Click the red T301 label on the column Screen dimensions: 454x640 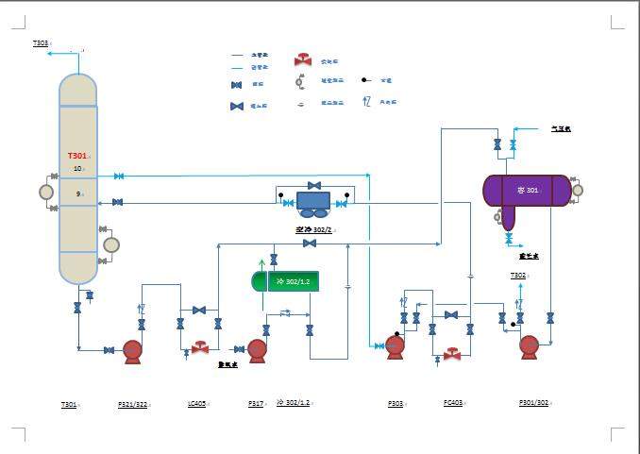pos(77,156)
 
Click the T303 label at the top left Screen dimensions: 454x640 pos(41,43)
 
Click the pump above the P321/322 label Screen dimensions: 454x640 pos(132,350)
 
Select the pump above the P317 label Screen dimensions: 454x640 pos(256,350)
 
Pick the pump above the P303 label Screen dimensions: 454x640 pos(395,346)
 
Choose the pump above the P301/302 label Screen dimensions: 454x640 pos(529,346)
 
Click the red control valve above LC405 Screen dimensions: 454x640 pos(199,348)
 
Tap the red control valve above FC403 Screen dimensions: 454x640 pos(452,355)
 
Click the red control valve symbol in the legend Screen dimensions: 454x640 pos(303,60)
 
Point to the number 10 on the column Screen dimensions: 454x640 pos(77,169)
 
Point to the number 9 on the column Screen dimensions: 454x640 pos(77,194)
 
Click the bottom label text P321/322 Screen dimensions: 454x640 pos(132,404)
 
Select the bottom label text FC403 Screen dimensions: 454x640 pos(452,403)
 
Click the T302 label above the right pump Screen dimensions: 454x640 pos(518,275)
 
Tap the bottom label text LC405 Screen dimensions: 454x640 pos(196,404)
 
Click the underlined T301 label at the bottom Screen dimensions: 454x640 pos(69,404)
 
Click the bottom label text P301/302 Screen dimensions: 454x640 pos(533,403)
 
